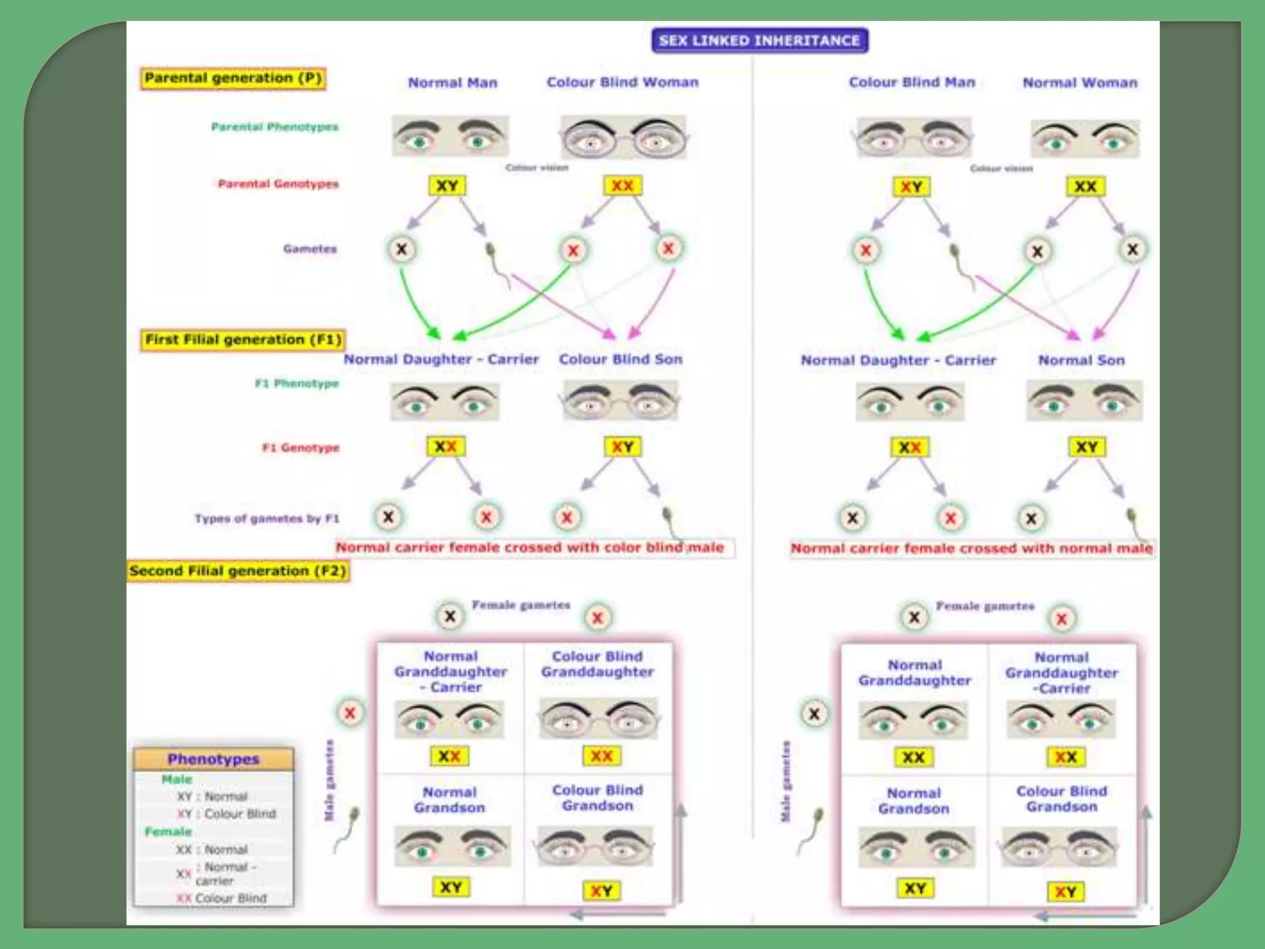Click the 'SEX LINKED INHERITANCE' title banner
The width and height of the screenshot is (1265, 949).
(759, 41)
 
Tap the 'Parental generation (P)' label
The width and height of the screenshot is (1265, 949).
(233, 78)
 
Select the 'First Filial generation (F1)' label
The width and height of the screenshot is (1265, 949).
(243, 340)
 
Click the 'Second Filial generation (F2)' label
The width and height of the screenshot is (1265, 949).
(238, 571)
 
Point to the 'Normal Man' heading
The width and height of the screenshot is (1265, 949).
(452, 83)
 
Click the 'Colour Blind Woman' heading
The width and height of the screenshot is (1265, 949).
(622, 82)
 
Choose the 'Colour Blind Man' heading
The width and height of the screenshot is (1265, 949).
(911, 82)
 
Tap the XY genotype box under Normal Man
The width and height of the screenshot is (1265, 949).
(447, 185)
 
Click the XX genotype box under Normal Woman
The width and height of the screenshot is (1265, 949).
(1085, 187)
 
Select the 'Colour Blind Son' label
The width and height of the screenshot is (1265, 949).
(620, 360)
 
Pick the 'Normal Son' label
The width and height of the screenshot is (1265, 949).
(1081, 360)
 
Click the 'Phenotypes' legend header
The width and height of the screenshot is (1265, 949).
(213, 759)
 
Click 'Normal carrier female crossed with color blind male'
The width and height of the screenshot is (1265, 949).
(529, 547)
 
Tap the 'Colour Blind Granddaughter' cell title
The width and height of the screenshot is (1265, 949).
(597, 664)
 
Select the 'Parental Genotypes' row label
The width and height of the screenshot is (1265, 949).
(278, 184)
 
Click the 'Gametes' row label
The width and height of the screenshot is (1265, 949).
(309, 249)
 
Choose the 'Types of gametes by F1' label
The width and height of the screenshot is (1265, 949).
(267, 518)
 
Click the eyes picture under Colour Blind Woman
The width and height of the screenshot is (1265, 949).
(623, 138)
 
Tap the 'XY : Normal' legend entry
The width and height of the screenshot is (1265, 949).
(212, 796)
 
